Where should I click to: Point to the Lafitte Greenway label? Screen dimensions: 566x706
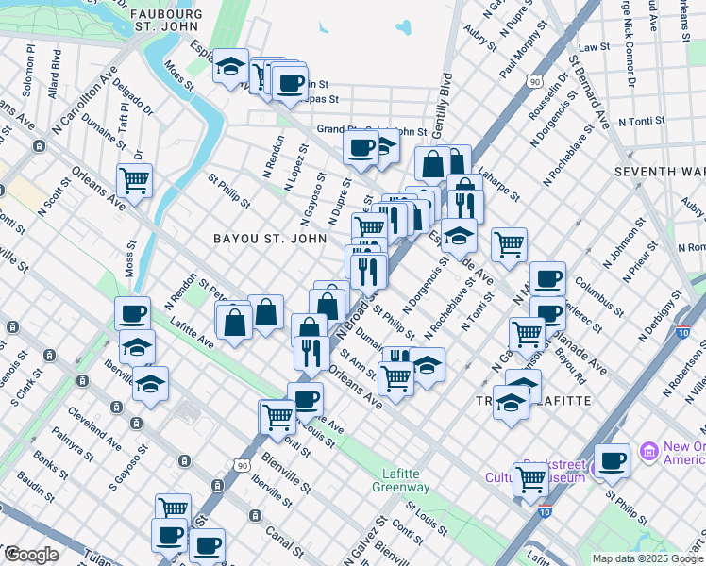pos(407,480)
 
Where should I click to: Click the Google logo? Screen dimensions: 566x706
pos(30,556)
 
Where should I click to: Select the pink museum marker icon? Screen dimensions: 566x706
pos(647,453)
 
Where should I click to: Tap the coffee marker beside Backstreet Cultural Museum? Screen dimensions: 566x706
pos(612,460)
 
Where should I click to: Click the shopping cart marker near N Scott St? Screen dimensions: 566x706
pos(134,180)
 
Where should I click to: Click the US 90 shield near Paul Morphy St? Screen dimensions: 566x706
pos(535,83)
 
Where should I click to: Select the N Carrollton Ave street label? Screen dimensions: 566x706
pos(85,99)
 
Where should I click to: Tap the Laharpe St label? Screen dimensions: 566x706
pos(499,185)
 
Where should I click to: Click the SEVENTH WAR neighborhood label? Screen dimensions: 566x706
pos(658,172)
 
